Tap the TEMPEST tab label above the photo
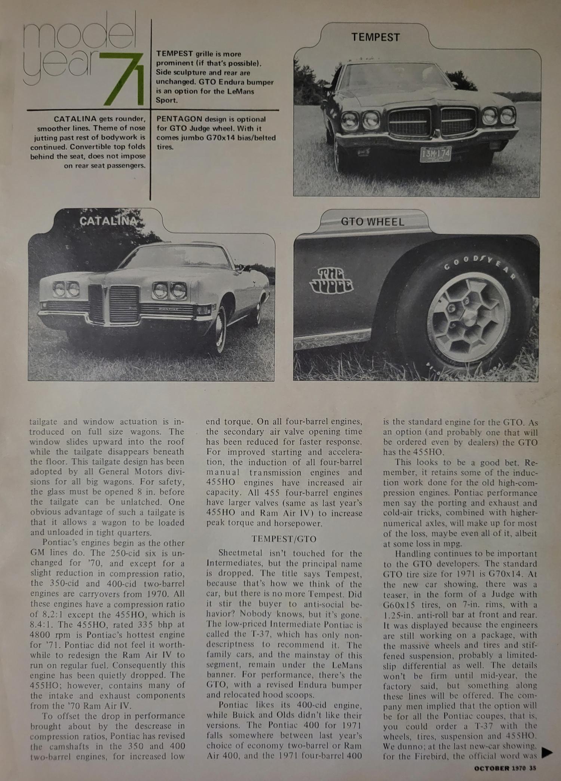pyautogui.click(x=375, y=37)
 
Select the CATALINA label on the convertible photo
pyautogui.click(x=108, y=221)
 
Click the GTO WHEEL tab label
pyautogui.click(x=373, y=222)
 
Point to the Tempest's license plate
pyautogui.click(x=436, y=154)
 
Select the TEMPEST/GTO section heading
pyautogui.click(x=283, y=539)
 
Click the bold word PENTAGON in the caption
pyautogui.click(x=174, y=119)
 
